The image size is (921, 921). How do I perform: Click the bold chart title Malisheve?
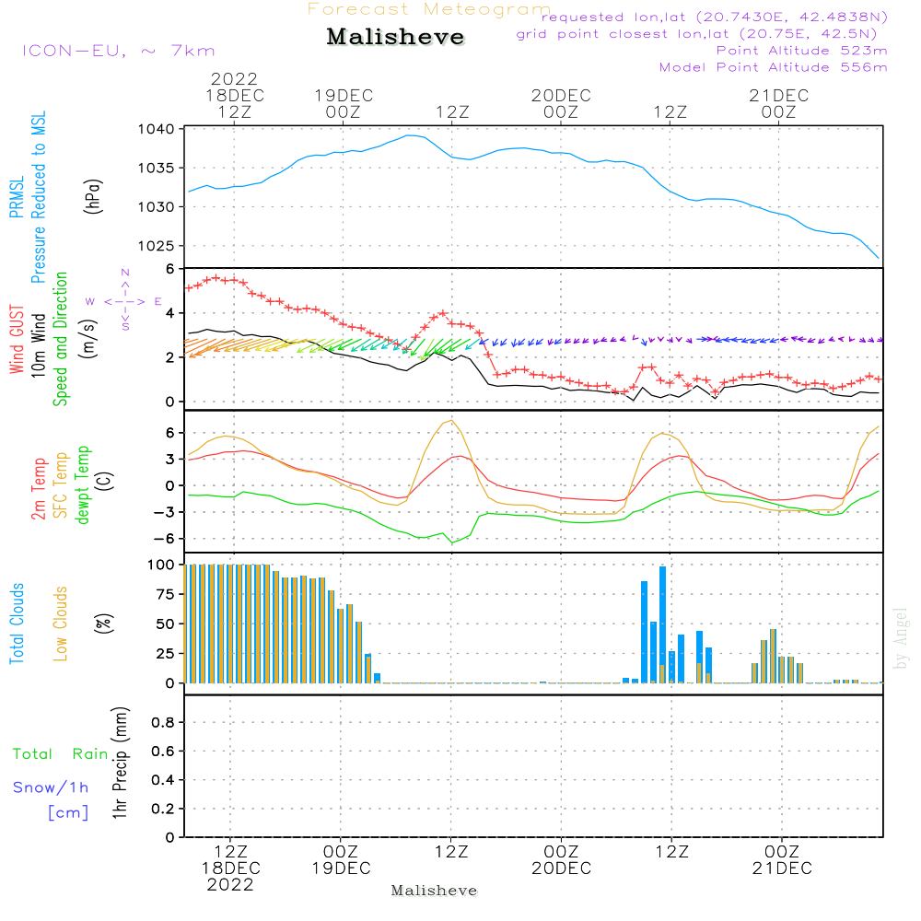coord(395,38)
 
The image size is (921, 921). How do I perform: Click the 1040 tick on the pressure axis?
coord(159,129)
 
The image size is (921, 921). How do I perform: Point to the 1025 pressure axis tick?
coord(159,246)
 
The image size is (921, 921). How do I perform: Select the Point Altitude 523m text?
coord(801,51)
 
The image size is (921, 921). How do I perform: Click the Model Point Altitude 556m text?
coord(774,67)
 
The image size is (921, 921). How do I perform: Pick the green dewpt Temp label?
coord(83,484)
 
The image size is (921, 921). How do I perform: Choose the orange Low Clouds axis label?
coord(62,622)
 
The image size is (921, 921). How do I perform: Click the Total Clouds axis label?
coord(17,624)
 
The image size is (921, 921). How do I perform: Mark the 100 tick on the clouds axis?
coord(161,565)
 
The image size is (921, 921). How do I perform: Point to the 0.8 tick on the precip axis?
coord(161,723)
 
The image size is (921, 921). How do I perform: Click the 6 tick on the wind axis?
coord(169,269)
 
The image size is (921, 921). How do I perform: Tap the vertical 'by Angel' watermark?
coord(902,638)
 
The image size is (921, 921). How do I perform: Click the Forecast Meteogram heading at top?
coord(429,9)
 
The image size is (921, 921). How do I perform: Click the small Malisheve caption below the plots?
coord(434,891)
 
